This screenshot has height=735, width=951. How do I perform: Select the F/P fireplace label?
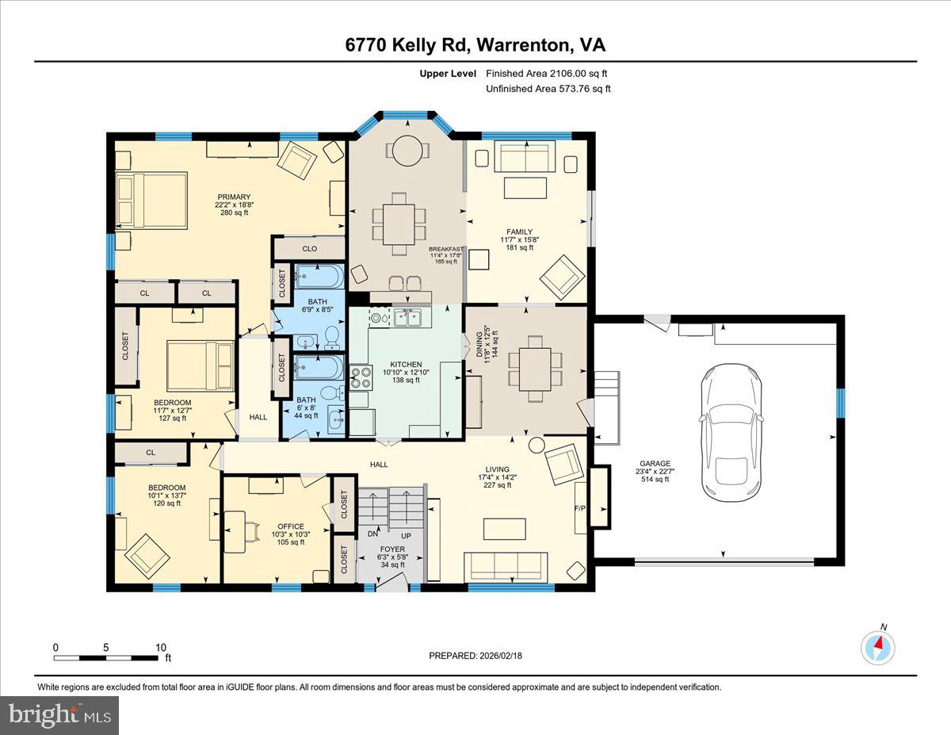point(579,507)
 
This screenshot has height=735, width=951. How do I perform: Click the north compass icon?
point(877,647)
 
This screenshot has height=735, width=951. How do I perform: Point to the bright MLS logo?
point(60,715)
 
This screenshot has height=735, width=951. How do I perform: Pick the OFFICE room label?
point(290,526)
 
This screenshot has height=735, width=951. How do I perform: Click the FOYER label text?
point(392,549)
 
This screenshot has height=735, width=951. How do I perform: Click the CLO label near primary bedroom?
point(309,249)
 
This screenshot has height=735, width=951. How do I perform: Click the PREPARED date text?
point(476,656)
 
